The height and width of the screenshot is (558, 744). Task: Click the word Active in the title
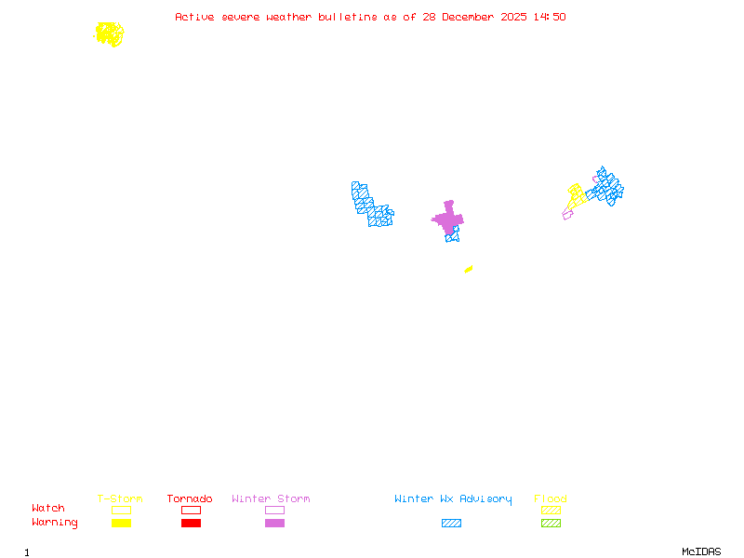(x=196, y=17)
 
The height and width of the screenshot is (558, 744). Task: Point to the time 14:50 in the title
(x=549, y=17)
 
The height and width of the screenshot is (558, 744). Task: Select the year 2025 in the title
(x=514, y=17)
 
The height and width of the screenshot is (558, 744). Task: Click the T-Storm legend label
(x=120, y=498)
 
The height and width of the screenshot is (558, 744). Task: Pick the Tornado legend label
(x=190, y=498)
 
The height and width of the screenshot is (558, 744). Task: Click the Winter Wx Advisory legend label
(x=453, y=498)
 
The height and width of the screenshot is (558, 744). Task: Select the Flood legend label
(x=551, y=498)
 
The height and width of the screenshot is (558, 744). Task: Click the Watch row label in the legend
(x=48, y=508)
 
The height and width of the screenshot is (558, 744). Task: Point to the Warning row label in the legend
(x=55, y=523)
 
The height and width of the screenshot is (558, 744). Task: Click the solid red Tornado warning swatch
(x=191, y=523)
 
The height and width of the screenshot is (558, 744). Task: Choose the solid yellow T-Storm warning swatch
(x=121, y=523)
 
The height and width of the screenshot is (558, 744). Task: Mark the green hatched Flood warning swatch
(x=551, y=523)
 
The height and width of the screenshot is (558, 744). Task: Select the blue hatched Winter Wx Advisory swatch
(x=451, y=523)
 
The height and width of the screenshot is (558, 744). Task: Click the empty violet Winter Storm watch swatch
(x=274, y=510)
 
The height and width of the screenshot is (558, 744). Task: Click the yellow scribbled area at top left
(x=109, y=34)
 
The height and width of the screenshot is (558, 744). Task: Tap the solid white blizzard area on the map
(x=435, y=232)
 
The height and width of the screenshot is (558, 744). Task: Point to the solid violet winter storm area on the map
(x=448, y=219)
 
